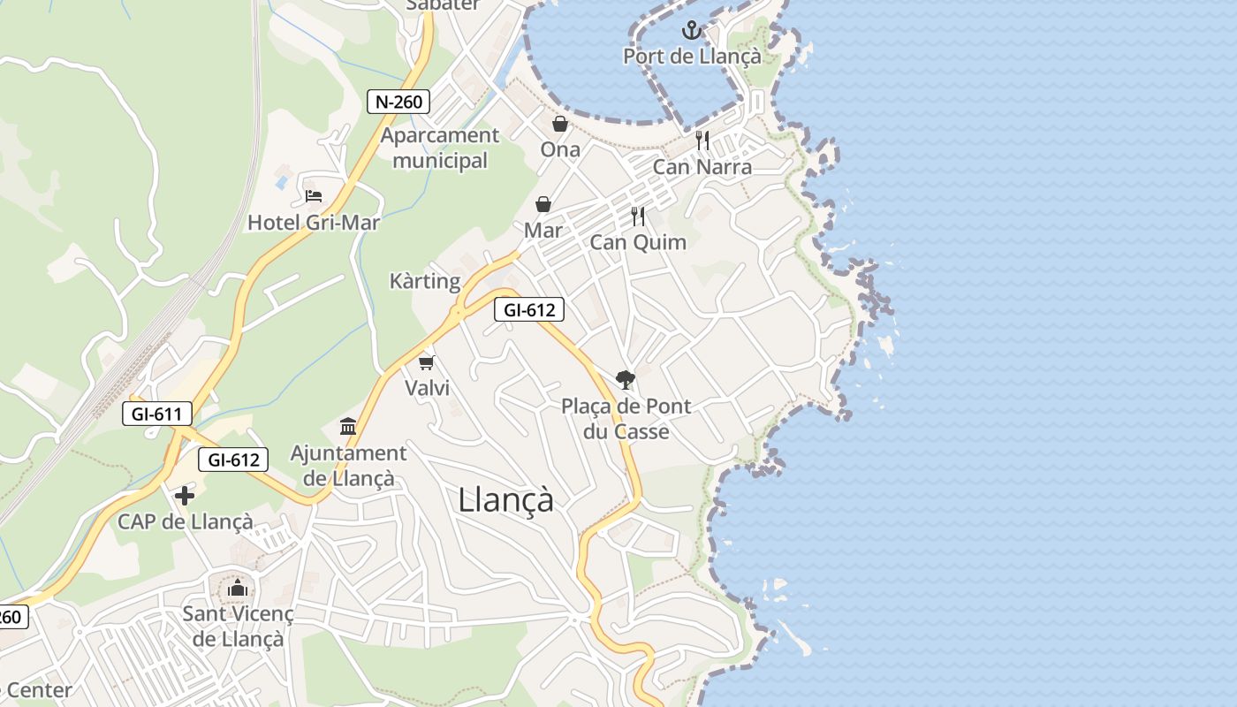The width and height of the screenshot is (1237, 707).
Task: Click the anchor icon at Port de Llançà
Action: pos(691,32)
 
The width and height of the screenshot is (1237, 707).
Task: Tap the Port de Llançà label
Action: pos(691,57)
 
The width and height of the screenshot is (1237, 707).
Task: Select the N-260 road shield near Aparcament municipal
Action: pos(398,102)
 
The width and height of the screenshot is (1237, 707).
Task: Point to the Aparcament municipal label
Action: pos(440,148)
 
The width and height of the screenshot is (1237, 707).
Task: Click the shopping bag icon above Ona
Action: pos(560,124)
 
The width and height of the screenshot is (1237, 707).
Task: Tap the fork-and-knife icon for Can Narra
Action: pos(702,140)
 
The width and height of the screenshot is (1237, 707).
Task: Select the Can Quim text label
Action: pos(638,242)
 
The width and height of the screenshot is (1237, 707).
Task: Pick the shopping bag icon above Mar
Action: pos(543,205)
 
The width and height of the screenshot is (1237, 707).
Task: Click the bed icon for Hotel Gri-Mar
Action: pos(313,196)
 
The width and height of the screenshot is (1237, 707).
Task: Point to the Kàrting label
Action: pos(425,282)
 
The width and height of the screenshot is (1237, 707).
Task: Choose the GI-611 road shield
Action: pos(156,414)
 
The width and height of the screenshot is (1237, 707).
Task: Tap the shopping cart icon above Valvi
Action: pos(427,362)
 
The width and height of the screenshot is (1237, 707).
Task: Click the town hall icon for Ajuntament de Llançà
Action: pos(348,428)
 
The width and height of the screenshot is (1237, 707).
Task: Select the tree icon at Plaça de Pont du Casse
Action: pos(626,380)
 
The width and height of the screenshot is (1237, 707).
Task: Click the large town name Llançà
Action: pos(506,500)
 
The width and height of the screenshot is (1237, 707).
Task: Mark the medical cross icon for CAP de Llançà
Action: pos(185,496)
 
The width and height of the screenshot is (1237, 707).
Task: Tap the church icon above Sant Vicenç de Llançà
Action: pos(237,589)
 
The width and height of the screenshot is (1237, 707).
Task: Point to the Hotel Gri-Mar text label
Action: pos(313,223)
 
